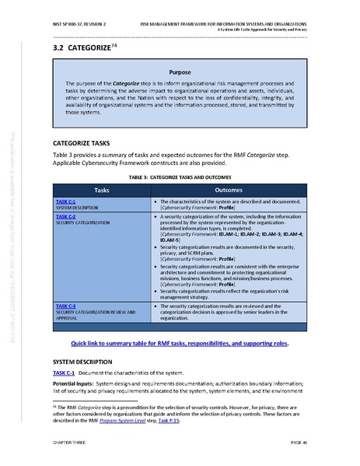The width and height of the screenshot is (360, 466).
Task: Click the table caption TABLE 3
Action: [179, 177]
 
